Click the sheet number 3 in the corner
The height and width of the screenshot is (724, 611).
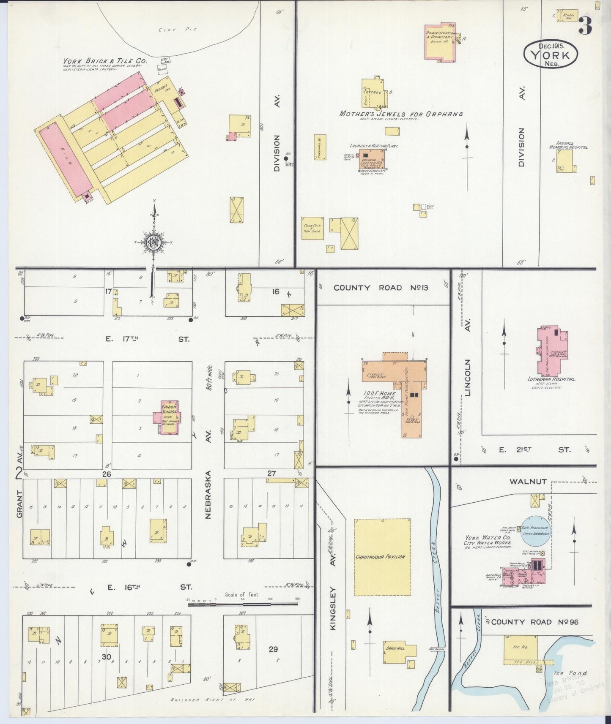pyautogui.click(x=586, y=27)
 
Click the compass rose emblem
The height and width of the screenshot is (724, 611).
pyautogui.click(x=153, y=242)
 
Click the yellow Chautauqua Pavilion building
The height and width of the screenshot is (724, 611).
pyautogui.click(x=382, y=557)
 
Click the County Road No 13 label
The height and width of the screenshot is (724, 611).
pyautogui.click(x=381, y=288)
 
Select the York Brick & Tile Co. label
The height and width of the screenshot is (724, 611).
pyautogui.click(x=105, y=61)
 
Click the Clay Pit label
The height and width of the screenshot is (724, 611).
pyautogui.click(x=178, y=30)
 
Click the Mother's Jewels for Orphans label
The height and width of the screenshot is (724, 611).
pyautogui.click(x=401, y=114)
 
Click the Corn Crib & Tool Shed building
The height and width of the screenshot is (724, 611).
pyautogui.click(x=312, y=229)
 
